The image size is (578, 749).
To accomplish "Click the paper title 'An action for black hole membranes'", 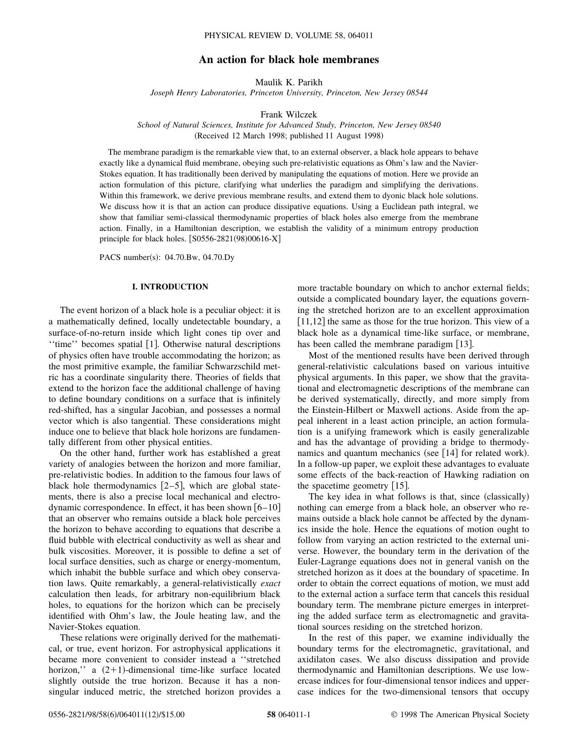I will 289,59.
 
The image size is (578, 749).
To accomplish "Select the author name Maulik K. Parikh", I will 289,82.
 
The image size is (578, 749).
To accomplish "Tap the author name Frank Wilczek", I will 289,114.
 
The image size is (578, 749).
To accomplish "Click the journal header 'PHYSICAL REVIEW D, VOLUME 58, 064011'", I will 289,35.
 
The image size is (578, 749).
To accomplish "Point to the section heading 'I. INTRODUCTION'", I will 170,287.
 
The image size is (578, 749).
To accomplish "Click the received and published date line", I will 289,136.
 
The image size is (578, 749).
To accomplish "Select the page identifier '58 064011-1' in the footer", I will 289,715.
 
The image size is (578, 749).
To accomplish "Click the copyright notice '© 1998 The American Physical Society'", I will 460,715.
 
